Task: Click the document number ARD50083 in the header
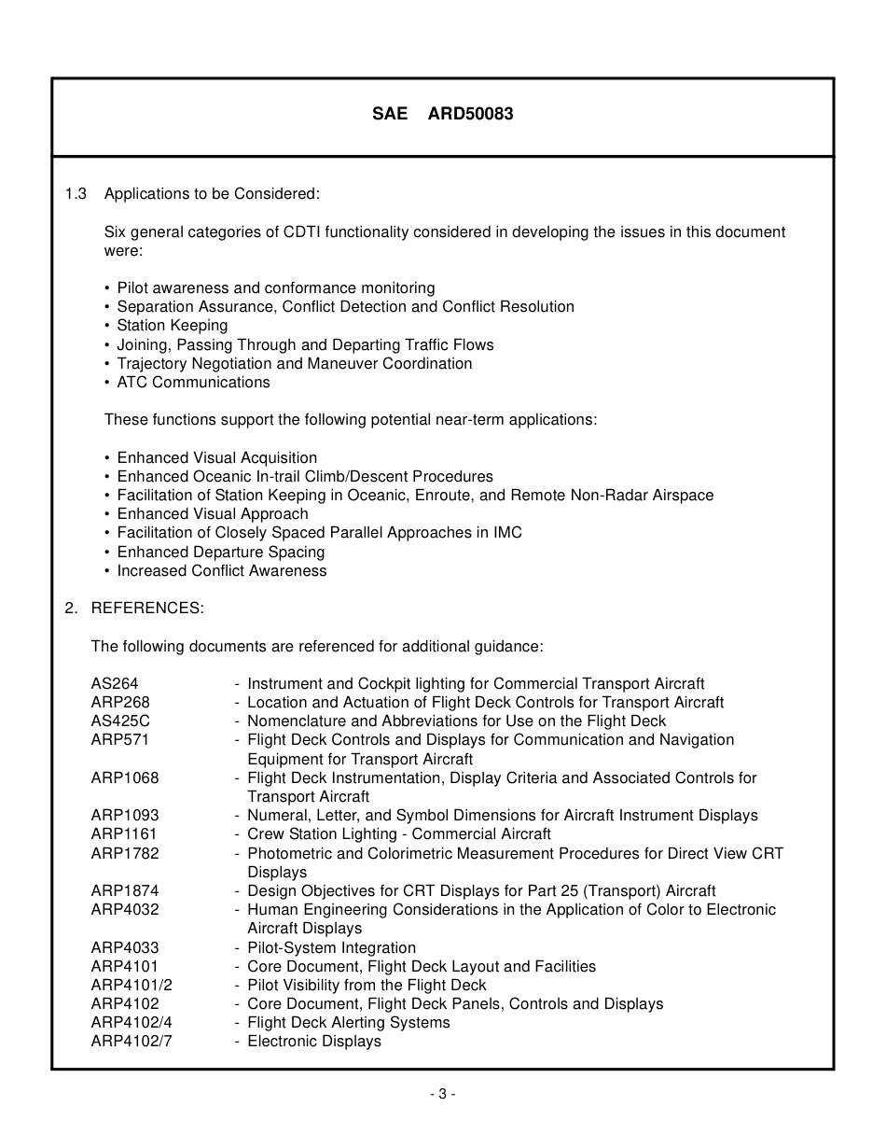click(x=470, y=114)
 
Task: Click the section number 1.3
click(x=76, y=194)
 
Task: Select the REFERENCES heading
click(x=146, y=608)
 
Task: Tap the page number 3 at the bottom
click(x=442, y=1094)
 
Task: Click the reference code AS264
click(x=115, y=683)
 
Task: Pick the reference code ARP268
click(x=120, y=702)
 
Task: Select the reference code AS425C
click(x=120, y=721)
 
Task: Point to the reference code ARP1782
click(x=125, y=853)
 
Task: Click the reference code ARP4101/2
click(x=132, y=985)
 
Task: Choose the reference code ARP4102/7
click(x=132, y=1041)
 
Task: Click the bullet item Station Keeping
click(x=172, y=326)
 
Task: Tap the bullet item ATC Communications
click(x=193, y=382)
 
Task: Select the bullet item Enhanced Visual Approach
click(x=212, y=513)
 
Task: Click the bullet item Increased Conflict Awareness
click(x=221, y=570)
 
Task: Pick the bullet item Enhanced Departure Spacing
click(x=220, y=552)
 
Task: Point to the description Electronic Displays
click(x=313, y=1041)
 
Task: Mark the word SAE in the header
click(x=390, y=114)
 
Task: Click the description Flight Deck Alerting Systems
click(x=348, y=1022)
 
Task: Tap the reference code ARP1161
click(x=124, y=833)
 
